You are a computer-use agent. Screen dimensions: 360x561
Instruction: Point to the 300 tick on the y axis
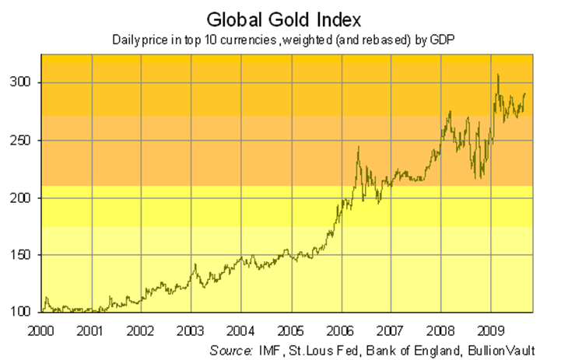pyautogui.click(x=23, y=82)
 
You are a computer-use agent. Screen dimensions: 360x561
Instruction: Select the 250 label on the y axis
pyautogui.click(x=23, y=140)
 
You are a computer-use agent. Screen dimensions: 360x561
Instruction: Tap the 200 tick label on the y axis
pyautogui.click(x=23, y=197)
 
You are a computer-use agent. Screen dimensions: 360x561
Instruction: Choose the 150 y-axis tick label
pyautogui.click(x=23, y=255)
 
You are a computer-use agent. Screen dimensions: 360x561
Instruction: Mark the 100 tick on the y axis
pyautogui.click(x=23, y=313)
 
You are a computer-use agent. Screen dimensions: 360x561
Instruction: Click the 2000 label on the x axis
pyautogui.click(x=44, y=329)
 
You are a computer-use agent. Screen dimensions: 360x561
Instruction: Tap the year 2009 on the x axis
pyautogui.click(x=489, y=329)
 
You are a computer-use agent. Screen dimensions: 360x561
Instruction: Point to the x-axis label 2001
pyautogui.click(x=93, y=329)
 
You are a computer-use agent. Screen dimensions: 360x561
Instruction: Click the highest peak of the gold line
pyautogui.click(x=498, y=75)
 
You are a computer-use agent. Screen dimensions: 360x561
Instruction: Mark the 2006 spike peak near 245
pyautogui.click(x=358, y=147)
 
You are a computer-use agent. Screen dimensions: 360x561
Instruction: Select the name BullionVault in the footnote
pyautogui.click(x=509, y=350)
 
